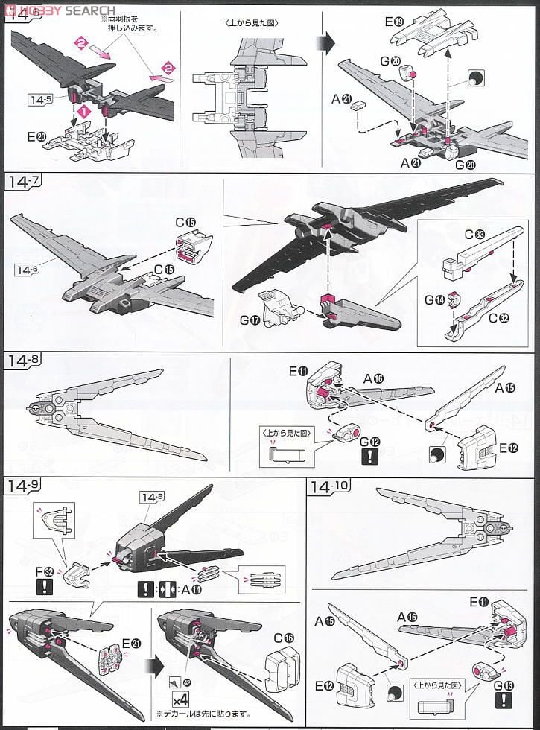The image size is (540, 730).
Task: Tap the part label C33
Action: click(474, 235)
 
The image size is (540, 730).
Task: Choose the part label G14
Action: click(435, 299)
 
